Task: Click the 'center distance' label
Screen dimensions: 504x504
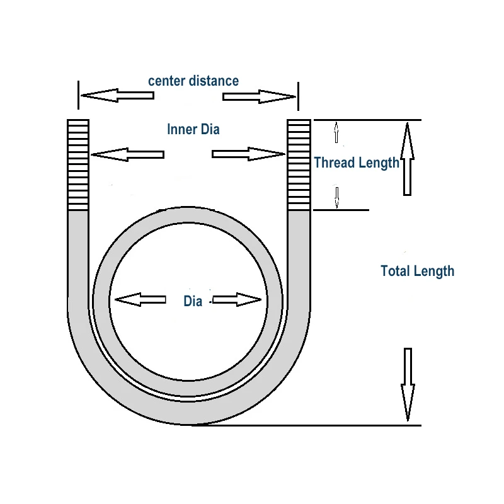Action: pyautogui.click(x=193, y=81)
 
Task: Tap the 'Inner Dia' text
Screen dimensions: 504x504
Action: pyautogui.click(x=193, y=129)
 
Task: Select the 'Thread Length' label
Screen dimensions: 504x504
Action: pyautogui.click(x=357, y=163)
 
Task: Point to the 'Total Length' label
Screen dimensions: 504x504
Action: pyautogui.click(x=417, y=271)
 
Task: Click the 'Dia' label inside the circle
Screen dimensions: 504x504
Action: pyautogui.click(x=193, y=301)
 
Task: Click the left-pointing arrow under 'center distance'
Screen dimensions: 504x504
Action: pyautogui.click(x=117, y=96)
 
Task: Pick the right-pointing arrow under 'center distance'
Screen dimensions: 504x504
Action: pyautogui.click(x=259, y=96)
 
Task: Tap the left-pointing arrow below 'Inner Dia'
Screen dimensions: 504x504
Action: pyautogui.click(x=127, y=154)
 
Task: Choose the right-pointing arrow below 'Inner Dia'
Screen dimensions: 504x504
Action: pyautogui.click(x=248, y=154)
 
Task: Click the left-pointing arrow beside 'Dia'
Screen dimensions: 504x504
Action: pyautogui.click(x=140, y=300)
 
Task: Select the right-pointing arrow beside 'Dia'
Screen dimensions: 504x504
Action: pyautogui.click(x=237, y=300)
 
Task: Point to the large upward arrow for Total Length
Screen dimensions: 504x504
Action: pyautogui.click(x=407, y=159)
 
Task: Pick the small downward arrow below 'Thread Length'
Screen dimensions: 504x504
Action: pyautogui.click(x=337, y=197)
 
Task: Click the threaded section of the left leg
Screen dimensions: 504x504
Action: pyautogui.click(x=78, y=164)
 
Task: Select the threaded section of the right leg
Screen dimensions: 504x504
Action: pyautogui.click(x=299, y=164)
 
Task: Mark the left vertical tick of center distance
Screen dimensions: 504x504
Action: pyautogui.click(x=78, y=94)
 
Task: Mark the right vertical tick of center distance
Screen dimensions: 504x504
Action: pyautogui.click(x=298, y=94)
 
